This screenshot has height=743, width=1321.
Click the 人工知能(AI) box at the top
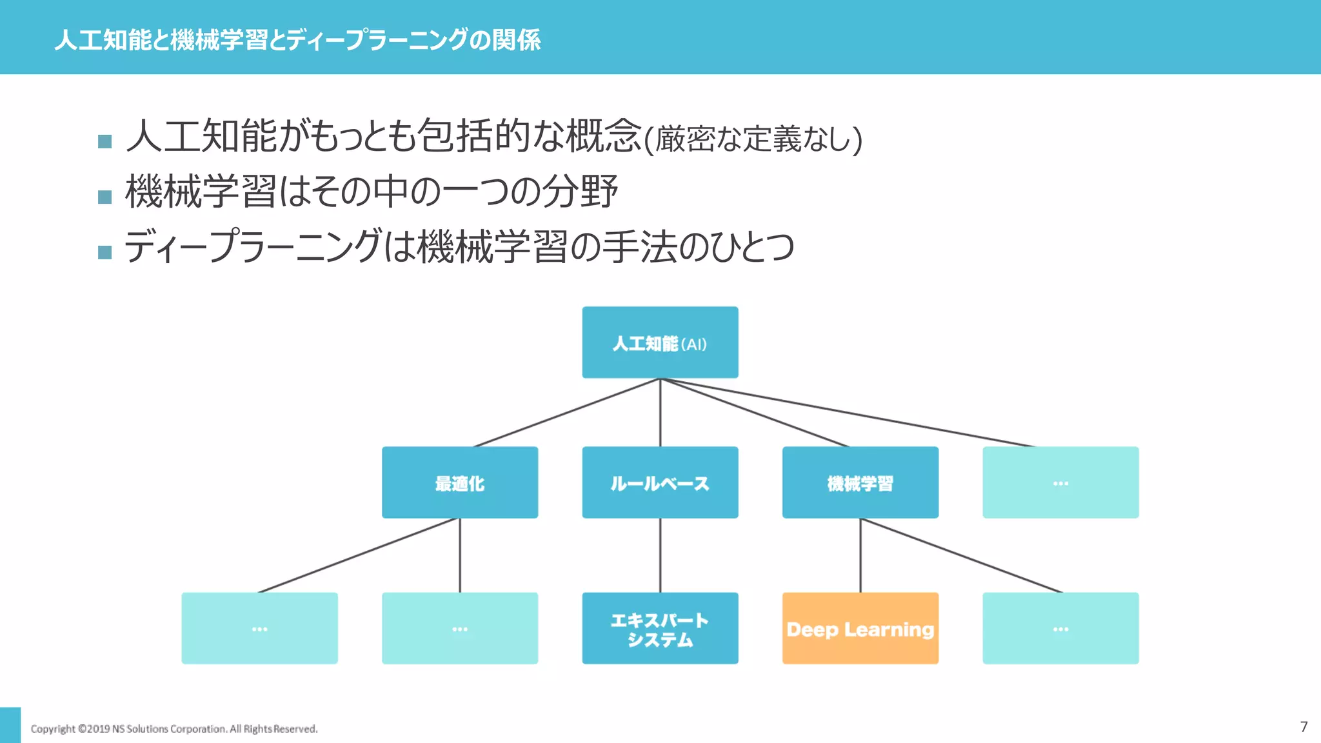click(x=660, y=342)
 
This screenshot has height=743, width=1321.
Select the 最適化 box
click(x=460, y=482)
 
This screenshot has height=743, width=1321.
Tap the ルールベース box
click(x=660, y=482)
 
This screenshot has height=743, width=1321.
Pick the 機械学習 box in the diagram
click(x=860, y=482)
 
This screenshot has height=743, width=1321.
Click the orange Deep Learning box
click(x=860, y=628)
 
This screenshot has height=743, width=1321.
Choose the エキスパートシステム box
click(x=660, y=628)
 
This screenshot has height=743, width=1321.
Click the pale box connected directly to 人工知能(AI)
click(x=1060, y=482)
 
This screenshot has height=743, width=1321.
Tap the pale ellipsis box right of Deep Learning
click(x=1060, y=628)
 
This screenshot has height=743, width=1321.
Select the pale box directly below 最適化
click(x=460, y=628)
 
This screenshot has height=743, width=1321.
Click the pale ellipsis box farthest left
click(x=259, y=628)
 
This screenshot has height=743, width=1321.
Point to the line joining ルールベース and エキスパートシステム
click(x=660, y=555)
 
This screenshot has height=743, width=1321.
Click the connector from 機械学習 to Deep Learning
click(x=860, y=555)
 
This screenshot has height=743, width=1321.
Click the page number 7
click(x=1304, y=727)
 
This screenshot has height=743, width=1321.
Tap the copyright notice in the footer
click(x=174, y=729)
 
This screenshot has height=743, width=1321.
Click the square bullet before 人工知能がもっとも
click(x=105, y=141)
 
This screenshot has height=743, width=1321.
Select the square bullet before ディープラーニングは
click(x=105, y=252)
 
